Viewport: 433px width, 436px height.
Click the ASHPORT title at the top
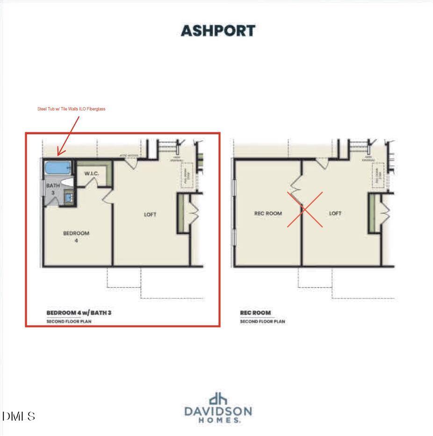point(218,31)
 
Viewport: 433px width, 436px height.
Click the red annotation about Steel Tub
point(71,109)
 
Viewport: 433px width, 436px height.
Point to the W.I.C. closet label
point(92,174)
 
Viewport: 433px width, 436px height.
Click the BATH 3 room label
point(53,189)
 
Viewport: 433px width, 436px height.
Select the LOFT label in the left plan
point(150,215)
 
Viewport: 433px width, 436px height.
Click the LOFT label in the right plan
point(335,213)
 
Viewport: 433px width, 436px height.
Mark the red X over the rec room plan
point(304,210)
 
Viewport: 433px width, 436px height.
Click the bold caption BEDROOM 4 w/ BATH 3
point(79,312)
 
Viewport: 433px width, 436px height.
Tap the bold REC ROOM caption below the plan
point(255,313)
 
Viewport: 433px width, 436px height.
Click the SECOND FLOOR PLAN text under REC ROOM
point(262,321)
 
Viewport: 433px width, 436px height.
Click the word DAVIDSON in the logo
point(218,412)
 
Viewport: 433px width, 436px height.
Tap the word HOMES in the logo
point(218,421)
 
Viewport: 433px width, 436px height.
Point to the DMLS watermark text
point(19,416)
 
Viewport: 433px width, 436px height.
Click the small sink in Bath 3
point(69,198)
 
